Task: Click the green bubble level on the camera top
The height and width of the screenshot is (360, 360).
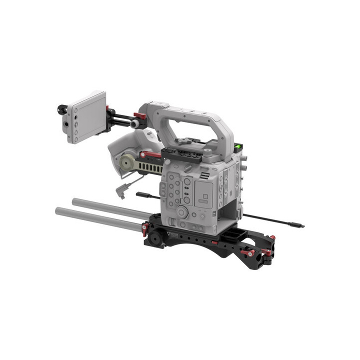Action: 239,147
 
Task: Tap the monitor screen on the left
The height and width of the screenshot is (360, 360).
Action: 86,116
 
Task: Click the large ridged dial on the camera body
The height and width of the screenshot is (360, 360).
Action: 183,212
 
